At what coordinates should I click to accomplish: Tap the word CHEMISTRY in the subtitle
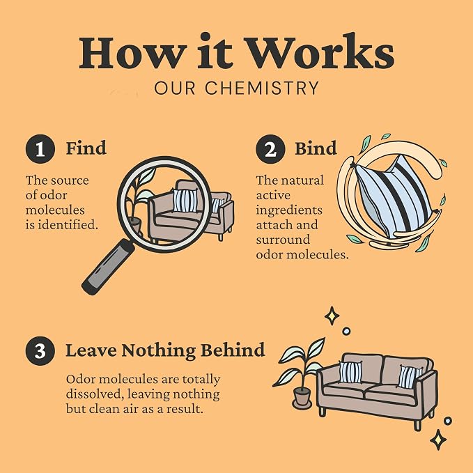tap(262, 88)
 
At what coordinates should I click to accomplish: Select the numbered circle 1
tap(40, 149)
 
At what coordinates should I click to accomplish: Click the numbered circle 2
tap(270, 149)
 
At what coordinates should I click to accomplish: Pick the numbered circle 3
tap(40, 351)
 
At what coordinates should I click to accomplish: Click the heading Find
tap(86, 148)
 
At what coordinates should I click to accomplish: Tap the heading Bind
tap(316, 148)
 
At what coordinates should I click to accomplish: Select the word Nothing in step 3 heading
tap(159, 351)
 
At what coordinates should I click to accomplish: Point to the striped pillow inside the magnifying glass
tap(185, 200)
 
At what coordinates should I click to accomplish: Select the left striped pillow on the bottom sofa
tap(350, 372)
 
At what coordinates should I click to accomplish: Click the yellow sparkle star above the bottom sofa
tap(332, 316)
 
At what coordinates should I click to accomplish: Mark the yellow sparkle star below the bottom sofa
tap(438, 440)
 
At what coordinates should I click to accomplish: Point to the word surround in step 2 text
tap(283, 240)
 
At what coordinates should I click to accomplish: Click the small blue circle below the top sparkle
tap(346, 331)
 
